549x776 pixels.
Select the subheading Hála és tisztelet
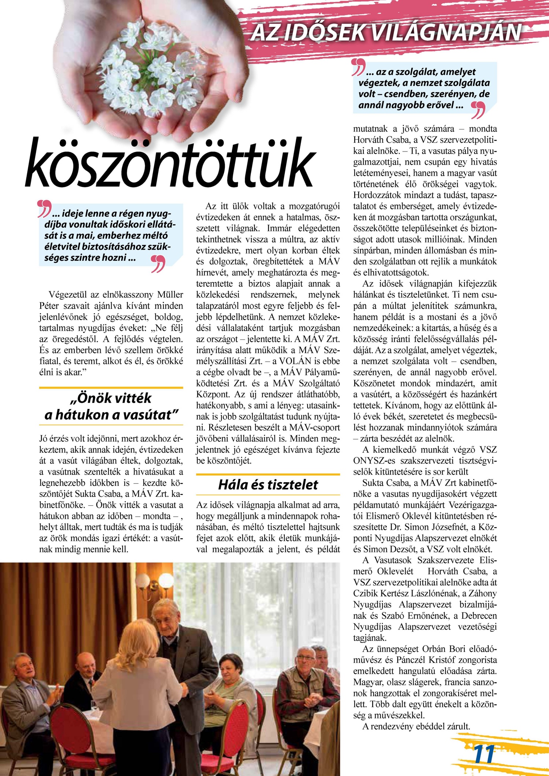click(268, 485)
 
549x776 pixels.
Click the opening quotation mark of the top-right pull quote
click(358, 67)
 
